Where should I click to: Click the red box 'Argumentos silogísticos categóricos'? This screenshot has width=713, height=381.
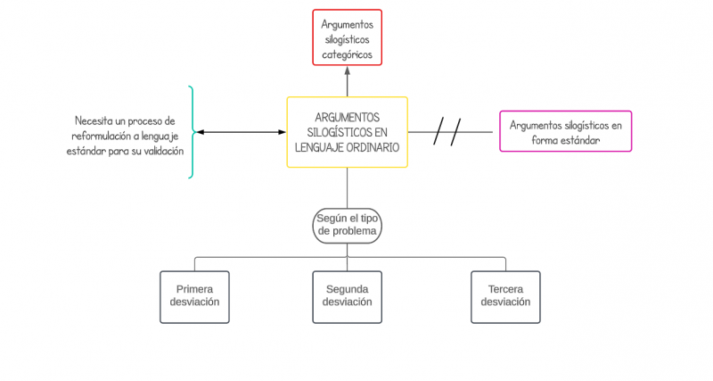347,37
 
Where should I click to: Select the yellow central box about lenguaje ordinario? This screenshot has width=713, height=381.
347,132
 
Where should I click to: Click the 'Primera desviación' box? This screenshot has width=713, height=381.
194,296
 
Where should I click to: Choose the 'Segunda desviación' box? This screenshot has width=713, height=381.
347,296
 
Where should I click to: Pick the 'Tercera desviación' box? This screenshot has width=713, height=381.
505,296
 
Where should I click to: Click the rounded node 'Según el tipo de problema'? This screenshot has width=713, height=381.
347,224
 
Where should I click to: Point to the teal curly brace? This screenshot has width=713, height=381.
191,132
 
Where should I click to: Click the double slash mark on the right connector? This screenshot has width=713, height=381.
447,132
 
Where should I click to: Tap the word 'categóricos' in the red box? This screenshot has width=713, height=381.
347,54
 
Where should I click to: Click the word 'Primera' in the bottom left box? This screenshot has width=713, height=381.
194,289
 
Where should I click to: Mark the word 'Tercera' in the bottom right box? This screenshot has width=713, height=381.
505,289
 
